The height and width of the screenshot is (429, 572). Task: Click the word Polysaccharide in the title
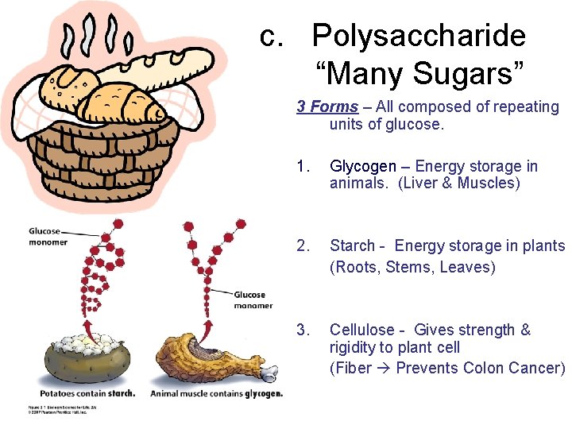point(419,36)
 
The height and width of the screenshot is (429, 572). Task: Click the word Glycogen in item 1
point(362,166)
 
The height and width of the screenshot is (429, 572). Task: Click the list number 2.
point(301,245)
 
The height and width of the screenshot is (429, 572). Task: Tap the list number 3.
point(301,330)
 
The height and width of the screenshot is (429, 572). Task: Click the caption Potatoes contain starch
point(87,393)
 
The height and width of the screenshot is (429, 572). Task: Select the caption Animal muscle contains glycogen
point(216,393)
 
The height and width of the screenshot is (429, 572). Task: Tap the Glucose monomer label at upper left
point(48,237)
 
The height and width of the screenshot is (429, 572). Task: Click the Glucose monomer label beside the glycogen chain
point(253,300)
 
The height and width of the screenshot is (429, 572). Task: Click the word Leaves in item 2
point(466,267)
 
